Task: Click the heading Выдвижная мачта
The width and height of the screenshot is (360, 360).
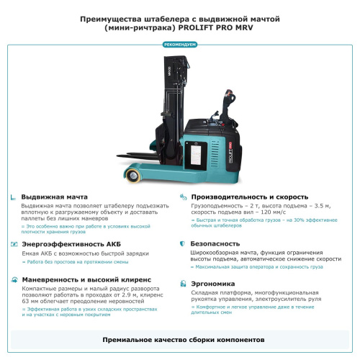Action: click(x=54, y=196)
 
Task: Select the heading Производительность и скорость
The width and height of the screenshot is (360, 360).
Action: click(x=249, y=196)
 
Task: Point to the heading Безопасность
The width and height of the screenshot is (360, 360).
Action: click(x=215, y=244)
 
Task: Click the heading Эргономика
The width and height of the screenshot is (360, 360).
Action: click(x=212, y=284)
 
